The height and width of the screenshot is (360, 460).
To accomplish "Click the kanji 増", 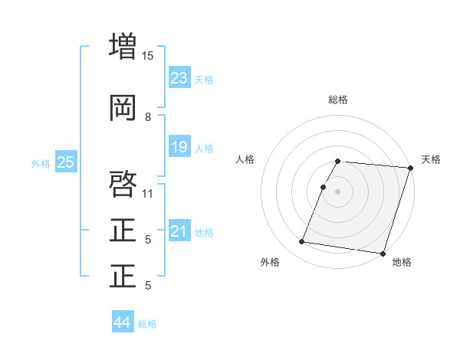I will (x=123, y=45).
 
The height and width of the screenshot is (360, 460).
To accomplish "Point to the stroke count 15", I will (x=147, y=55).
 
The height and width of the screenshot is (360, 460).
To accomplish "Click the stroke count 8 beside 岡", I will (x=147, y=117).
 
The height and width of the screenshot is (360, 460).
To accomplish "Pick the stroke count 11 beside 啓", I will (x=147, y=193).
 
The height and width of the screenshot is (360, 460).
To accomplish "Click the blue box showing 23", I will (x=179, y=78).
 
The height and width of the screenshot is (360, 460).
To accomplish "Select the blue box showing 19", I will (x=179, y=147).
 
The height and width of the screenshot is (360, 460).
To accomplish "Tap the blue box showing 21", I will (x=179, y=231).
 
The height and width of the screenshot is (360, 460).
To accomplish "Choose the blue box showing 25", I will (x=65, y=162).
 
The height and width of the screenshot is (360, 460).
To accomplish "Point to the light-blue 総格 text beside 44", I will (x=147, y=324).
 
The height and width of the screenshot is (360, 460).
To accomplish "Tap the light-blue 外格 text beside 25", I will (x=41, y=163).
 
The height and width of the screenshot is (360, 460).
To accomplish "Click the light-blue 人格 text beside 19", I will (x=204, y=149).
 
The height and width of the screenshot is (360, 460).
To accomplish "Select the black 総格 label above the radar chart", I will (x=338, y=100).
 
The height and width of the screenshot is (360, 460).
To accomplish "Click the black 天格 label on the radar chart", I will (x=431, y=159).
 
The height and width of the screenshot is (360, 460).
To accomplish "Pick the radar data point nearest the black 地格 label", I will (x=382, y=253).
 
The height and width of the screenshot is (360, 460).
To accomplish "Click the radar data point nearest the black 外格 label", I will (x=302, y=242).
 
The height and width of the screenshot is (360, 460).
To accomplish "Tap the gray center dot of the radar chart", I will (x=338, y=191).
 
